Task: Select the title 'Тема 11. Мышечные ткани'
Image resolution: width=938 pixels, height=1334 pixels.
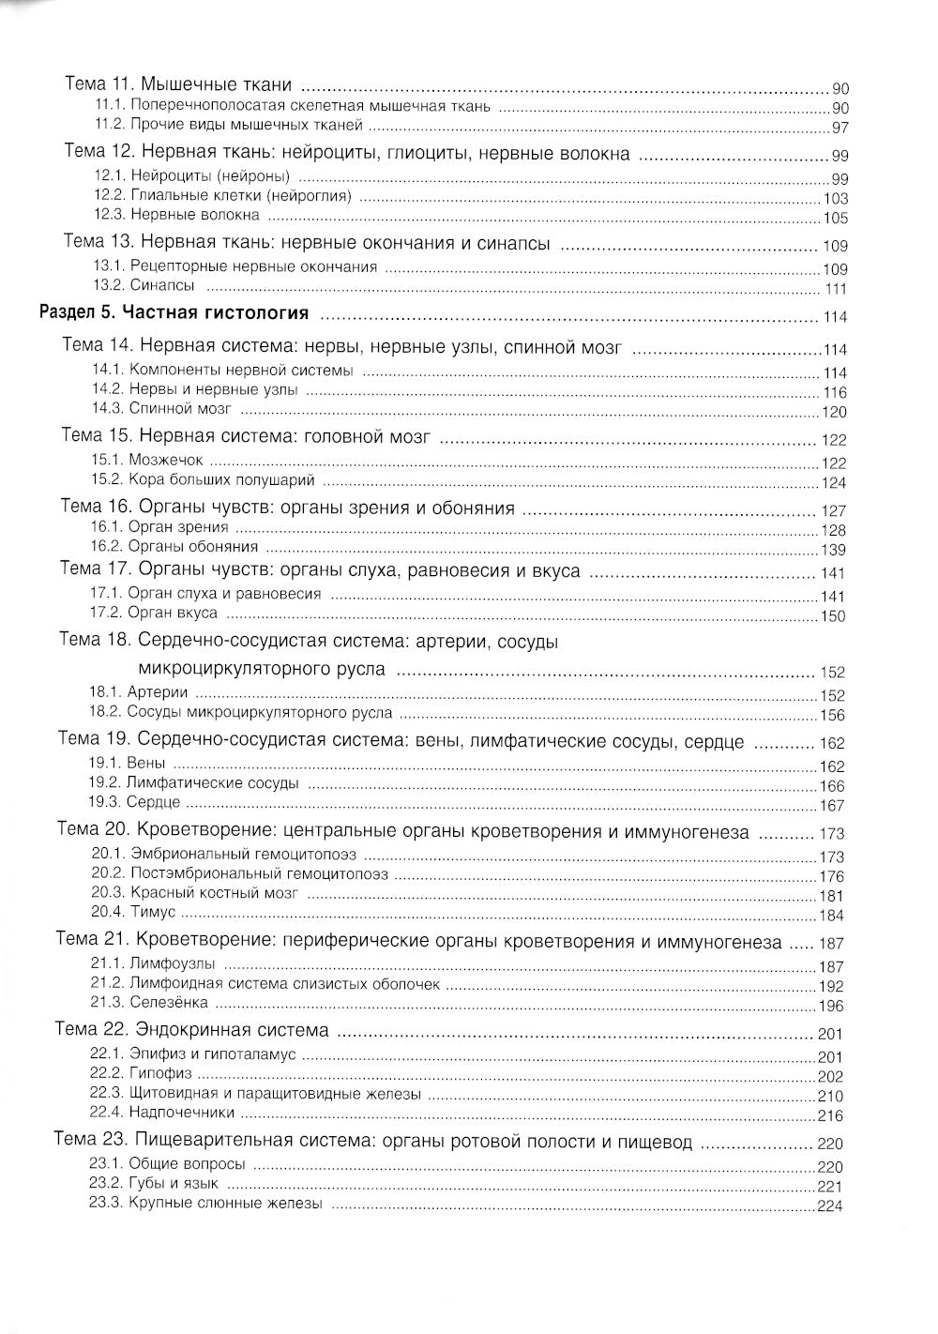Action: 178,84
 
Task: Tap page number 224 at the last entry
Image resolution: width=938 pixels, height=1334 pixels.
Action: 830,1206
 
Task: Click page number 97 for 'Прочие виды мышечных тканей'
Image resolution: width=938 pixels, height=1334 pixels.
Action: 840,129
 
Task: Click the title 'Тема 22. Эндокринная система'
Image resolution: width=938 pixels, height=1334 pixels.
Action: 191,1030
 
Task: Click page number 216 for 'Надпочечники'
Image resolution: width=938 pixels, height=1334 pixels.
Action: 831,1115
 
